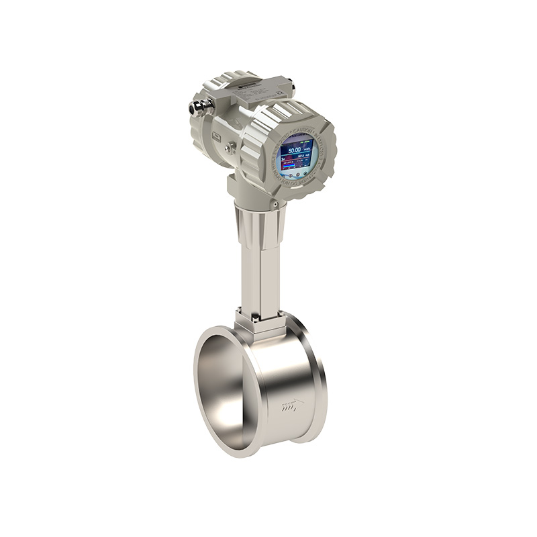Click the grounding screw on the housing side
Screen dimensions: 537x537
coord(230,147)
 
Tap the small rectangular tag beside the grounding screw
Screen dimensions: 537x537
coord(217,136)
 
